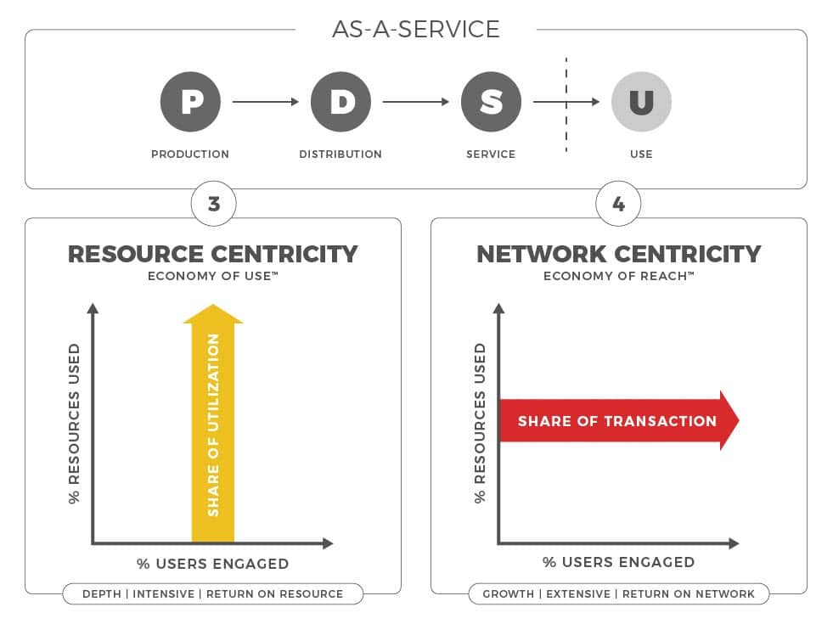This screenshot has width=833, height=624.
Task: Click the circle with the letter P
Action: pos(190,101)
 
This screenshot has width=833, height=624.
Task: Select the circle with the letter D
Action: pos(341,101)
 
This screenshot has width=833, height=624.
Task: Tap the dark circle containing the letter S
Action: pos(491,101)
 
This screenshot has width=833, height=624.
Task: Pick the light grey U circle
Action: pos(641,101)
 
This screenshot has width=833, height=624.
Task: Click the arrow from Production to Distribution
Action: pos(266,101)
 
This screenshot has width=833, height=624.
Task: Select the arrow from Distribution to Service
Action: pos(416,101)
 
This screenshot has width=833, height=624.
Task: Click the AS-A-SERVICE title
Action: pos(416,29)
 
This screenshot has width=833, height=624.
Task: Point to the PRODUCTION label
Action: pos(190,154)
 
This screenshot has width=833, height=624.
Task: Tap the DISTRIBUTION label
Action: pos(341,154)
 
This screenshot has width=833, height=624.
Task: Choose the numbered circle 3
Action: pos(214,204)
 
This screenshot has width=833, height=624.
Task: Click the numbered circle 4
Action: pos(618,204)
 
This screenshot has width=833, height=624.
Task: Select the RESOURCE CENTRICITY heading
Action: pos(213,254)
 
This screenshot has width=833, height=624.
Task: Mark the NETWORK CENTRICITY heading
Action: pos(619,254)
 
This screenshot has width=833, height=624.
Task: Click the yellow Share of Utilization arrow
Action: pos(213,424)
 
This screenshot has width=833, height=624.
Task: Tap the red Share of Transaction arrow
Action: pos(619,420)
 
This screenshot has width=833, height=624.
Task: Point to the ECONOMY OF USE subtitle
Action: pos(213,276)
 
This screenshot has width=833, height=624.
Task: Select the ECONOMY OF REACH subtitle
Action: pos(619,276)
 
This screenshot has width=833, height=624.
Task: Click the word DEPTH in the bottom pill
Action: pos(102,593)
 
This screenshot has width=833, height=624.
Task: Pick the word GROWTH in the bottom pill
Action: pos(509,593)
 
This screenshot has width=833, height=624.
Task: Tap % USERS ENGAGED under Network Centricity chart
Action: pos(619,562)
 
